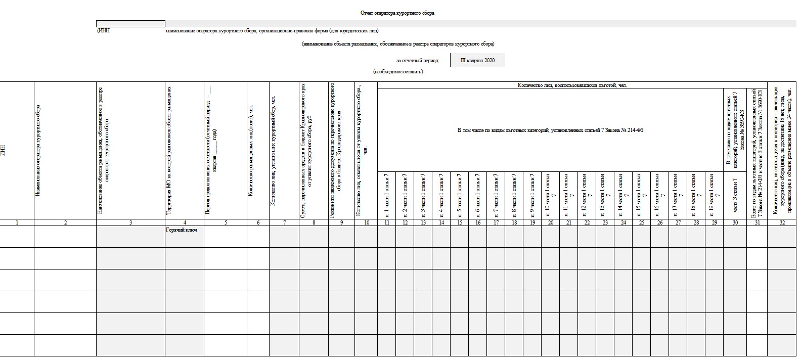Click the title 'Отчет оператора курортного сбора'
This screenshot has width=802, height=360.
pyautogui.click(x=397, y=13)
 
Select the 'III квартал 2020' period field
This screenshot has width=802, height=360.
pyautogui.click(x=477, y=61)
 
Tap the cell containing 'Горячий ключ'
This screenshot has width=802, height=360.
pyautogui.click(x=181, y=230)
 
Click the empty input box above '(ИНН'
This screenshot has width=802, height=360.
pyautogui.click(x=130, y=24)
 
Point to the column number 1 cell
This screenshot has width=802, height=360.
pyautogui.click(x=17, y=222)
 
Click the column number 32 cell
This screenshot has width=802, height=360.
pyautogui.click(x=782, y=222)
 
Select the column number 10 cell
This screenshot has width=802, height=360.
pyautogui.click(x=367, y=222)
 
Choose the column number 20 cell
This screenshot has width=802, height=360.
pyautogui.click(x=550, y=222)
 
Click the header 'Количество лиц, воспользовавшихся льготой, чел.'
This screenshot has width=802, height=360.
pyautogui.click(x=572, y=85)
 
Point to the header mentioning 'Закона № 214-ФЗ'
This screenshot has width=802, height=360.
pyautogui.click(x=550, y=130)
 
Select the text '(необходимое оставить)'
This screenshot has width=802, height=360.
pyautogui.click(x=398, y=72)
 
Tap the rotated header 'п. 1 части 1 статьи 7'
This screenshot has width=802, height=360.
pyautogui.click(x=387, y=195)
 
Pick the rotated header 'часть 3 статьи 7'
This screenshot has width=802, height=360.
pyautogui.click(x=735, y=195)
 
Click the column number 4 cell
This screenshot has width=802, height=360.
pyautogui.click(x=185, y=222)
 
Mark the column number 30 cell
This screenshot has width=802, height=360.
pyautogui.click(x=735, y=222)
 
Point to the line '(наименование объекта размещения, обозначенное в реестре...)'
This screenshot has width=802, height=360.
pyautogui.click(x=398, y=44)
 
